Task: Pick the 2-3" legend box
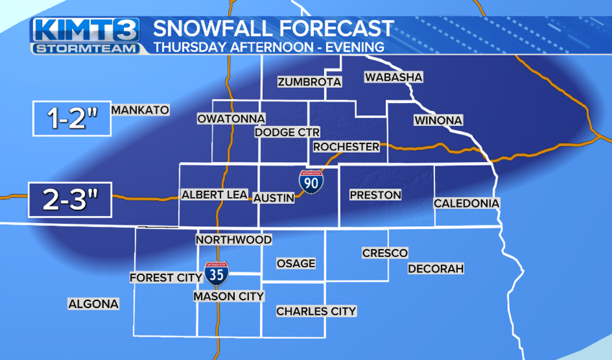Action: pos(70,200)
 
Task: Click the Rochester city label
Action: pos(346,147)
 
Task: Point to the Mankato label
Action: pos(140,110)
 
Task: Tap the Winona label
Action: pos(438,120)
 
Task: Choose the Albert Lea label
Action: pos(215,194)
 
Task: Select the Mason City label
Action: pos(229,296)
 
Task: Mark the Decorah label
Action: pos(436,269)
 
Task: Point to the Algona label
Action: pos(93,304)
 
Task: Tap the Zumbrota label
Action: pos(309,82)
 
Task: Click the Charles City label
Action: pos(316,311)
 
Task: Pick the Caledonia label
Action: pos(466,204)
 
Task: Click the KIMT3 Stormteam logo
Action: pos(85,36)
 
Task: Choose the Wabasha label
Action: pos(393,77)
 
